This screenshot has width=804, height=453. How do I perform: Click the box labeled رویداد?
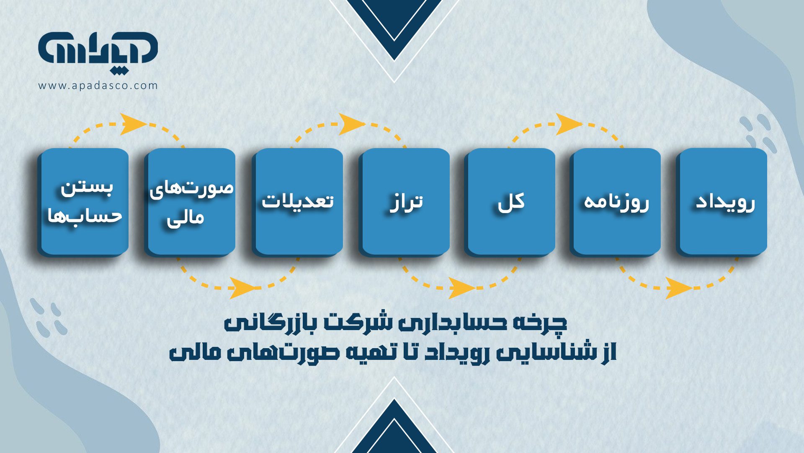click(x=723, y=202)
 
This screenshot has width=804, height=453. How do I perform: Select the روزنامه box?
click(x=616, y=202)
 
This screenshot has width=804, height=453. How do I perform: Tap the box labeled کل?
click(x=510, y=202)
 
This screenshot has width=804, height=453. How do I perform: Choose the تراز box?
click(x=405, y=202)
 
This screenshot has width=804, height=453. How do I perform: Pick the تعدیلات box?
click(x=298, y=202)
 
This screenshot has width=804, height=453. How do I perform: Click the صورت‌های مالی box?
click(x=191, y=202)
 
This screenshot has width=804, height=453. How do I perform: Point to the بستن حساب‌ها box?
click(x=84, y=202)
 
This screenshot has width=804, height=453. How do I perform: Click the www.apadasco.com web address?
click(x=98, y=86)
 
